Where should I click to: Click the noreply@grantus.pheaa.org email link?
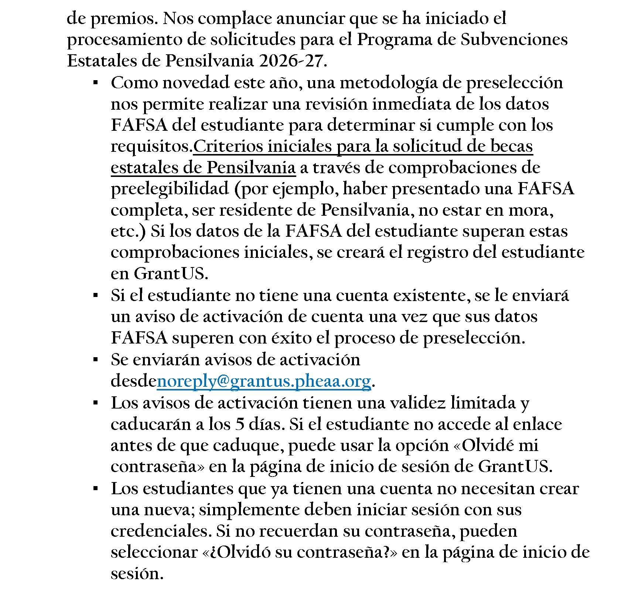click(264, 381)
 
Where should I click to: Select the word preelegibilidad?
click(170, 189)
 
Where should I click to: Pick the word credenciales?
click(161, 531)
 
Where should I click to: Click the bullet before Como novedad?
click(95, 83)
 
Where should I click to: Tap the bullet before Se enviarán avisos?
click(95, 359)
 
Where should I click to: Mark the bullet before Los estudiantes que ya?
click(95, 488)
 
